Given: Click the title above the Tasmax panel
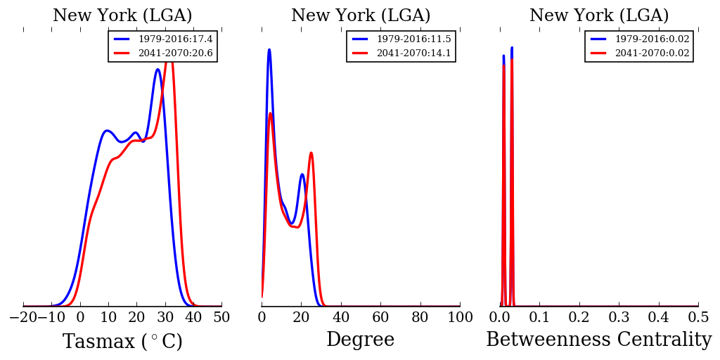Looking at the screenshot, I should coord(122,15).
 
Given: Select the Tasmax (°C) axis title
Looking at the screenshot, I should coord(122,342).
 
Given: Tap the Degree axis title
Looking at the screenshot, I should coord(360,340).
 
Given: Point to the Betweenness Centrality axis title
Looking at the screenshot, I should coord(598,340).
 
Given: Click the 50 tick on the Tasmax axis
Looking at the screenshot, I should coord(221,318).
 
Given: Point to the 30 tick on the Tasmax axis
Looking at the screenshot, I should coord(165,318).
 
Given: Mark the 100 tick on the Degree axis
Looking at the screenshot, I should coord(460,318).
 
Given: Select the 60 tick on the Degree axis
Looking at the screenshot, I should coord(380,318).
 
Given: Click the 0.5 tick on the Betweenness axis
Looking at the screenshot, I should coord(698,318).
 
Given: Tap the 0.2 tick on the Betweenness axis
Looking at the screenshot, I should coord(579,318).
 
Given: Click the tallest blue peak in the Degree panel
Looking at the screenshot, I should coord(269,49).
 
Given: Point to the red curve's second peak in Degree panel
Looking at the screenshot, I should coord(311,153).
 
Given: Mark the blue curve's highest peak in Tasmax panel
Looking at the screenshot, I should coord(158,69).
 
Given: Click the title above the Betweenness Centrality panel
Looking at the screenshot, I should coord(599,15).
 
